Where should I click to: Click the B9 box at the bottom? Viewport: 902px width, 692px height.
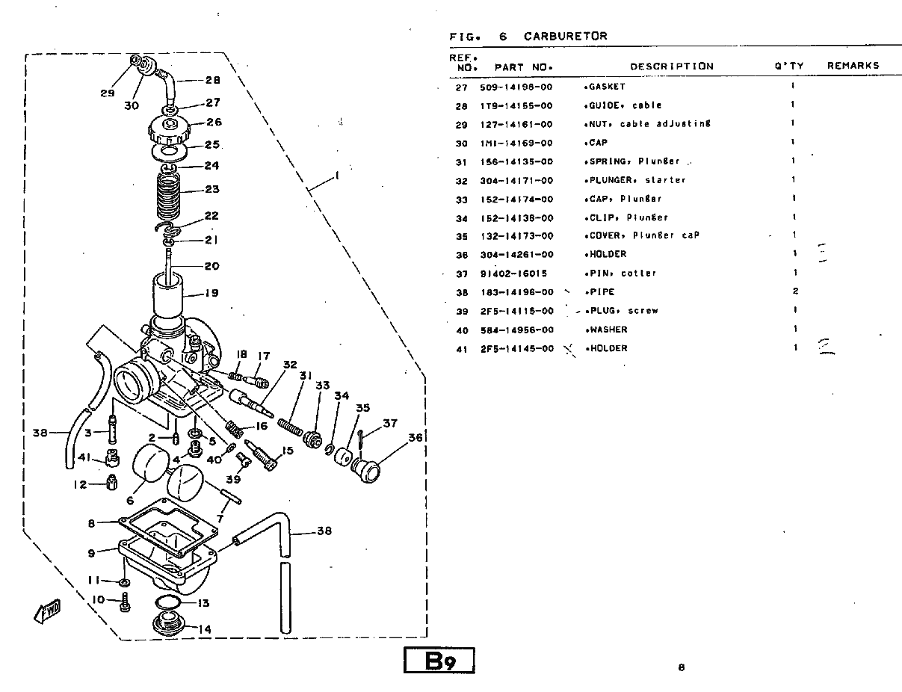439,661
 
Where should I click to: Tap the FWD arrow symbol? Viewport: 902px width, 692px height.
47,611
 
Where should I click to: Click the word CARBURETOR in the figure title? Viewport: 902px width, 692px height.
565,36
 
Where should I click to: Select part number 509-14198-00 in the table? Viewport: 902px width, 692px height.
516,87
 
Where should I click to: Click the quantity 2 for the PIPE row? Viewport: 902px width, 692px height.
795,291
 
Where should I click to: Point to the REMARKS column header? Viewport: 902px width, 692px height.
853,66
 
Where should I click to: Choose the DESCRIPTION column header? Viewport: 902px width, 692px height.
671,66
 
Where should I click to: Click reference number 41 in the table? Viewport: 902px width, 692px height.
462,349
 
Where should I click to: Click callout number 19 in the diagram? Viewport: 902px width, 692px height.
211,293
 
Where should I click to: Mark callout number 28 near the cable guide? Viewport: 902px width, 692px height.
212,81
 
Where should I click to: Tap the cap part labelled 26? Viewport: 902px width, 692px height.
168,128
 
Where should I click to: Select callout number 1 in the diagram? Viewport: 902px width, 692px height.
336,176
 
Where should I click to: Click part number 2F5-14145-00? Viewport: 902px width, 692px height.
516,349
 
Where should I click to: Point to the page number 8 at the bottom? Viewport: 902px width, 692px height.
681,668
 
